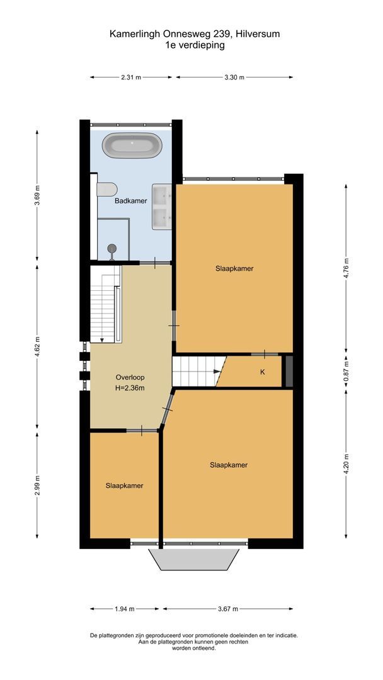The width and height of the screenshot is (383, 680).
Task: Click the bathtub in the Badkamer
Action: click(132, 145)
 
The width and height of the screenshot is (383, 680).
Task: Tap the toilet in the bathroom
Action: click(107, 190)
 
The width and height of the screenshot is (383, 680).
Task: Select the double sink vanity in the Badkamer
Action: click(162, 207)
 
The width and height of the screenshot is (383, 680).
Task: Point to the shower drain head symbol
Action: click(112, 249)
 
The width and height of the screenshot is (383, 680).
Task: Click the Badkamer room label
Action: click(130, 201)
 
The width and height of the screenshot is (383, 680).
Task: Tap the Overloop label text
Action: click(130, 377)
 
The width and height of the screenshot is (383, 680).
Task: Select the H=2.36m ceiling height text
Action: click(130, 388)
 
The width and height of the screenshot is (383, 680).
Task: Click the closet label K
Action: click(262, 372)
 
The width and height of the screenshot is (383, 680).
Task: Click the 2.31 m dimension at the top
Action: click(130, 77)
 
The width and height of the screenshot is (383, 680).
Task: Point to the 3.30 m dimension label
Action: click(234, 77)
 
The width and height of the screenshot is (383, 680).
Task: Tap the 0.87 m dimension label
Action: click(345, 371)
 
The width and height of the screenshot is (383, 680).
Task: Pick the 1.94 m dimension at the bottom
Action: click(124, 609)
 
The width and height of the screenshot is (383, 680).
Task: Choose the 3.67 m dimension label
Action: click(227, 609)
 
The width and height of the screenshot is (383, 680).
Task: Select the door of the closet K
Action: click(265, 354)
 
